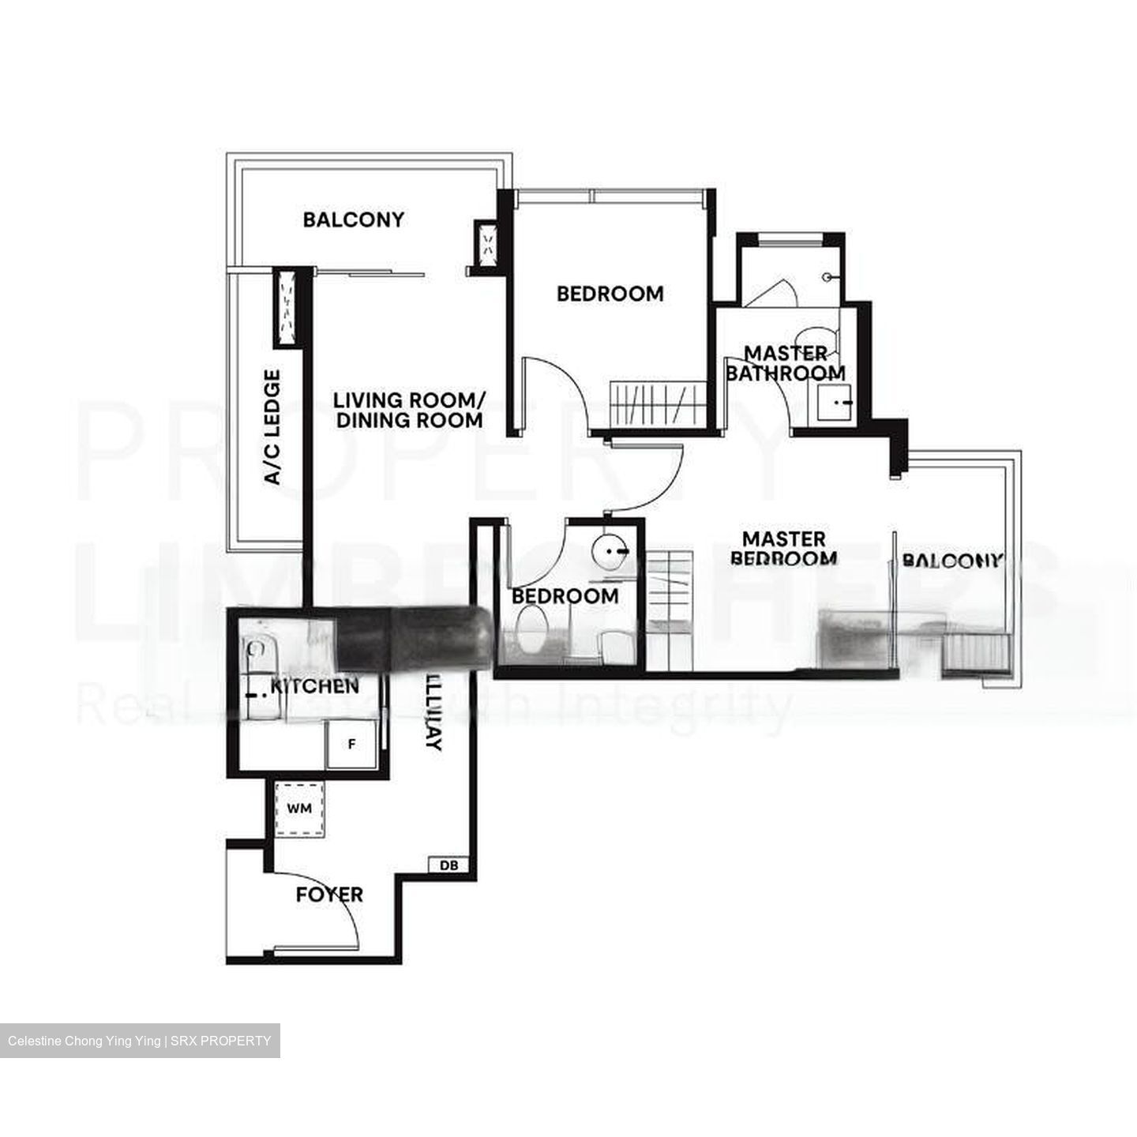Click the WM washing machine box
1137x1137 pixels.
click(299, 809)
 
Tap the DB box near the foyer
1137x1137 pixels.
click(448, 865)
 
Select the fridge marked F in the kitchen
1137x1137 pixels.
click(352, 744)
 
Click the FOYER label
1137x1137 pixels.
click(329, 895)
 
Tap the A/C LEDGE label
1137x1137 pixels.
click(272, 427)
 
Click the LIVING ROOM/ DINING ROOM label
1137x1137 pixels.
click(409, 410)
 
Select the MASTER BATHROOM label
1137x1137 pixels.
click(786, 363)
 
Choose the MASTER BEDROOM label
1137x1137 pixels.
click(784, 549)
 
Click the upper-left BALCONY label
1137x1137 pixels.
click(353, 220)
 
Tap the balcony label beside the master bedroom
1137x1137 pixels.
click(951, 561)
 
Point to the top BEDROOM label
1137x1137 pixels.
click(610, 294)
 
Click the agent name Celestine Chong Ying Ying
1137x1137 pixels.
click(84, 1041)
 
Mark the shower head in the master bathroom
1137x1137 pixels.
click(827, 277)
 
